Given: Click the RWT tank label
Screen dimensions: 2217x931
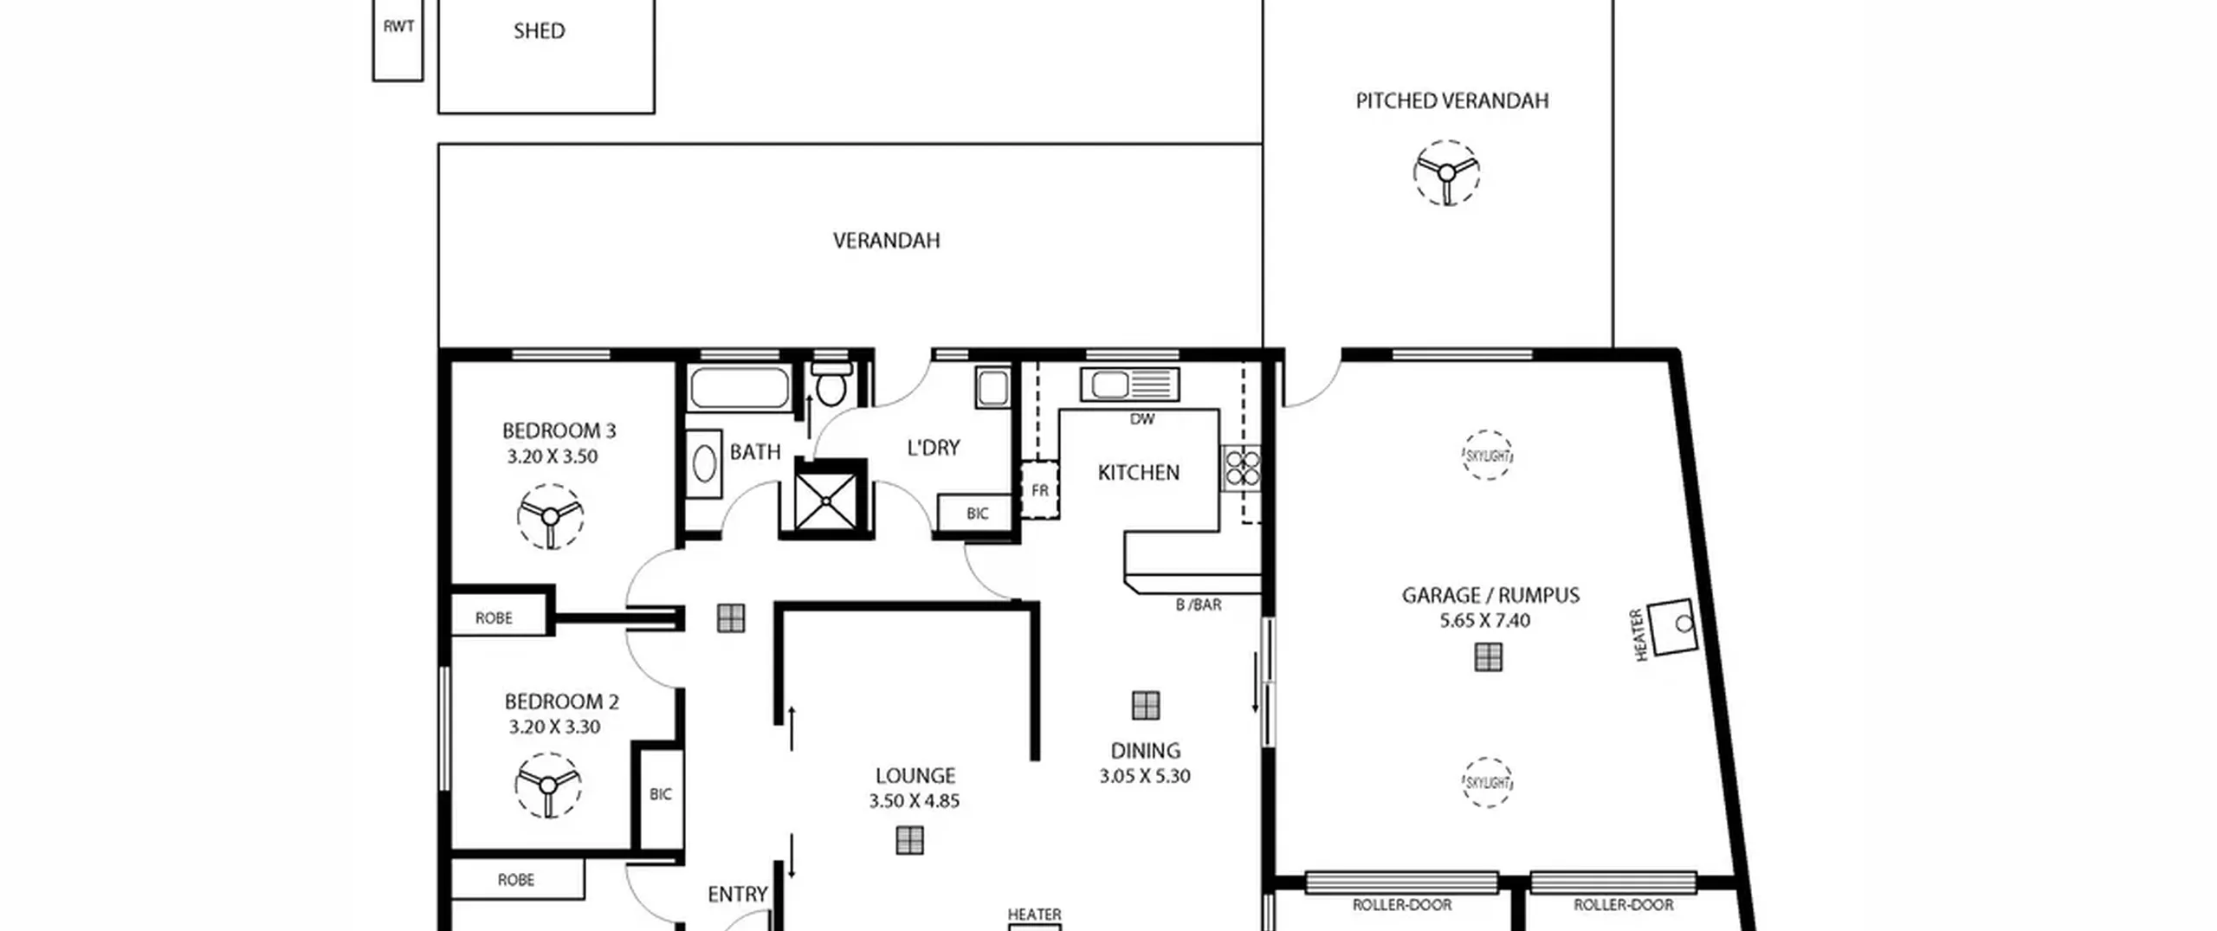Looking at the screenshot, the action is tap(398, 27).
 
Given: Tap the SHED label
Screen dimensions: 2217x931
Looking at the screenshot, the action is tap(540, 31).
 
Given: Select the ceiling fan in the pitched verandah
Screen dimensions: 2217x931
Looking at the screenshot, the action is tap(1446, 173).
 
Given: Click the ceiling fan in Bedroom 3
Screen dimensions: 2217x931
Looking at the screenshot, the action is tap(550, 517).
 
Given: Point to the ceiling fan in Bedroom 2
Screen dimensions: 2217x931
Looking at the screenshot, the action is tap(547, 786).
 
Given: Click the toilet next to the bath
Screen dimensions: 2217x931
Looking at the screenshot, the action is tap(831, 385).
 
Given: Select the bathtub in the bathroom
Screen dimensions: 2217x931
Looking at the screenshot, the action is tap(740, 388).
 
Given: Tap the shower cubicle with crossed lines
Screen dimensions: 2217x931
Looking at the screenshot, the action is tap(825, 500).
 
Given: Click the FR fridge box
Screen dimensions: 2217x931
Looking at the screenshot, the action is tap(1039, 490).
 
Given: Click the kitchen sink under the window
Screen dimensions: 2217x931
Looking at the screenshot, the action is tap(1129, 385).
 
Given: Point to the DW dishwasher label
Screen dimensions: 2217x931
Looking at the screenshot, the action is tap(1142, 419).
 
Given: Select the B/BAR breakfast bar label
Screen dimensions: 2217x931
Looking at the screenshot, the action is tap(1199, 605).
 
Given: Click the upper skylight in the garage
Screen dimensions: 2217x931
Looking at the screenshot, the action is tap(1488, 456).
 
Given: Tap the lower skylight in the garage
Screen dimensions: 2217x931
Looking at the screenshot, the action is tap(1487, 783).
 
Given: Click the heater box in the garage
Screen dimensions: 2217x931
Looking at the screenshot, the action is tap(1672, 626).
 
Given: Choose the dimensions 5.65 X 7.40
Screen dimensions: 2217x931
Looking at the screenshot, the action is tap(1485, 621).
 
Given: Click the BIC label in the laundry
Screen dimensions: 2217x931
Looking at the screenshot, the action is tap(978, 514).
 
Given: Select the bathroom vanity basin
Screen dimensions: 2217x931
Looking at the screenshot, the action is tap(704, 464).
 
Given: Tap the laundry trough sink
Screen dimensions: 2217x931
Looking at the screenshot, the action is tap(992, 387).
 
